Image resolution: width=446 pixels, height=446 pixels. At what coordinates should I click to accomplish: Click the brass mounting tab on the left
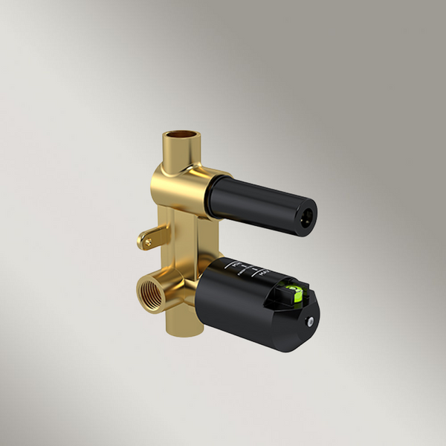pos(149,239)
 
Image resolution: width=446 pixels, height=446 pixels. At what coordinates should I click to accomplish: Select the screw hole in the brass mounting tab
pos(147,240)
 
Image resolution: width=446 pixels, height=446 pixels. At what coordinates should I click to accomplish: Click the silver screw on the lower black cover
pos(310,322)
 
